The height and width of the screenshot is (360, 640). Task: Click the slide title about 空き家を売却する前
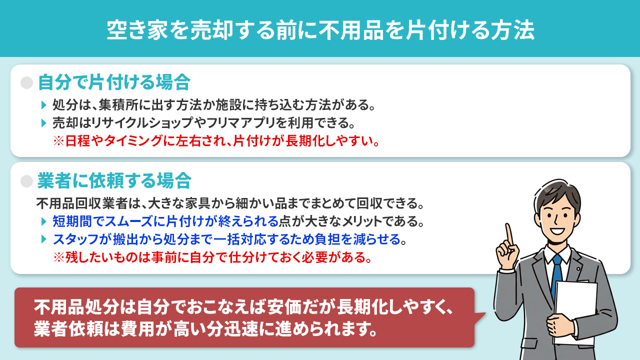(x=320, y=30)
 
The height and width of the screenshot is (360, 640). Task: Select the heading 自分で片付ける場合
(x=114, y=82)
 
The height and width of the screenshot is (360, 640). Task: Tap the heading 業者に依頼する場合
(x=114, y=180)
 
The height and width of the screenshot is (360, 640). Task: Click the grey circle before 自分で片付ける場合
(x=26, y=83)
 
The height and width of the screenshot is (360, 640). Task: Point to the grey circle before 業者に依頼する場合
(x=26, y=180)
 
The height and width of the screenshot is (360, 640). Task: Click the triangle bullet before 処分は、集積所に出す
(x=43, y=106)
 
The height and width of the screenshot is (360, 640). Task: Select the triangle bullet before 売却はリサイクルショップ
(x=43, y=123)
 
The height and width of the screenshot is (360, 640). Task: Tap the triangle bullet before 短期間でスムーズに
(x=43, y=221)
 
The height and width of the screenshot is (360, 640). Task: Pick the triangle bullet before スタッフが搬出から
(x=43, y=239)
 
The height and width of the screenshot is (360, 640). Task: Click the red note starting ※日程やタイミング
(x=216, y=140)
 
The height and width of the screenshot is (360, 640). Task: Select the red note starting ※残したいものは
(x=212, y=258)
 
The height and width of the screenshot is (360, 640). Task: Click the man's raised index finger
(x=509, y=233)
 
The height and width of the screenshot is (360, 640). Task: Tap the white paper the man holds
(x=575, y=307)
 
